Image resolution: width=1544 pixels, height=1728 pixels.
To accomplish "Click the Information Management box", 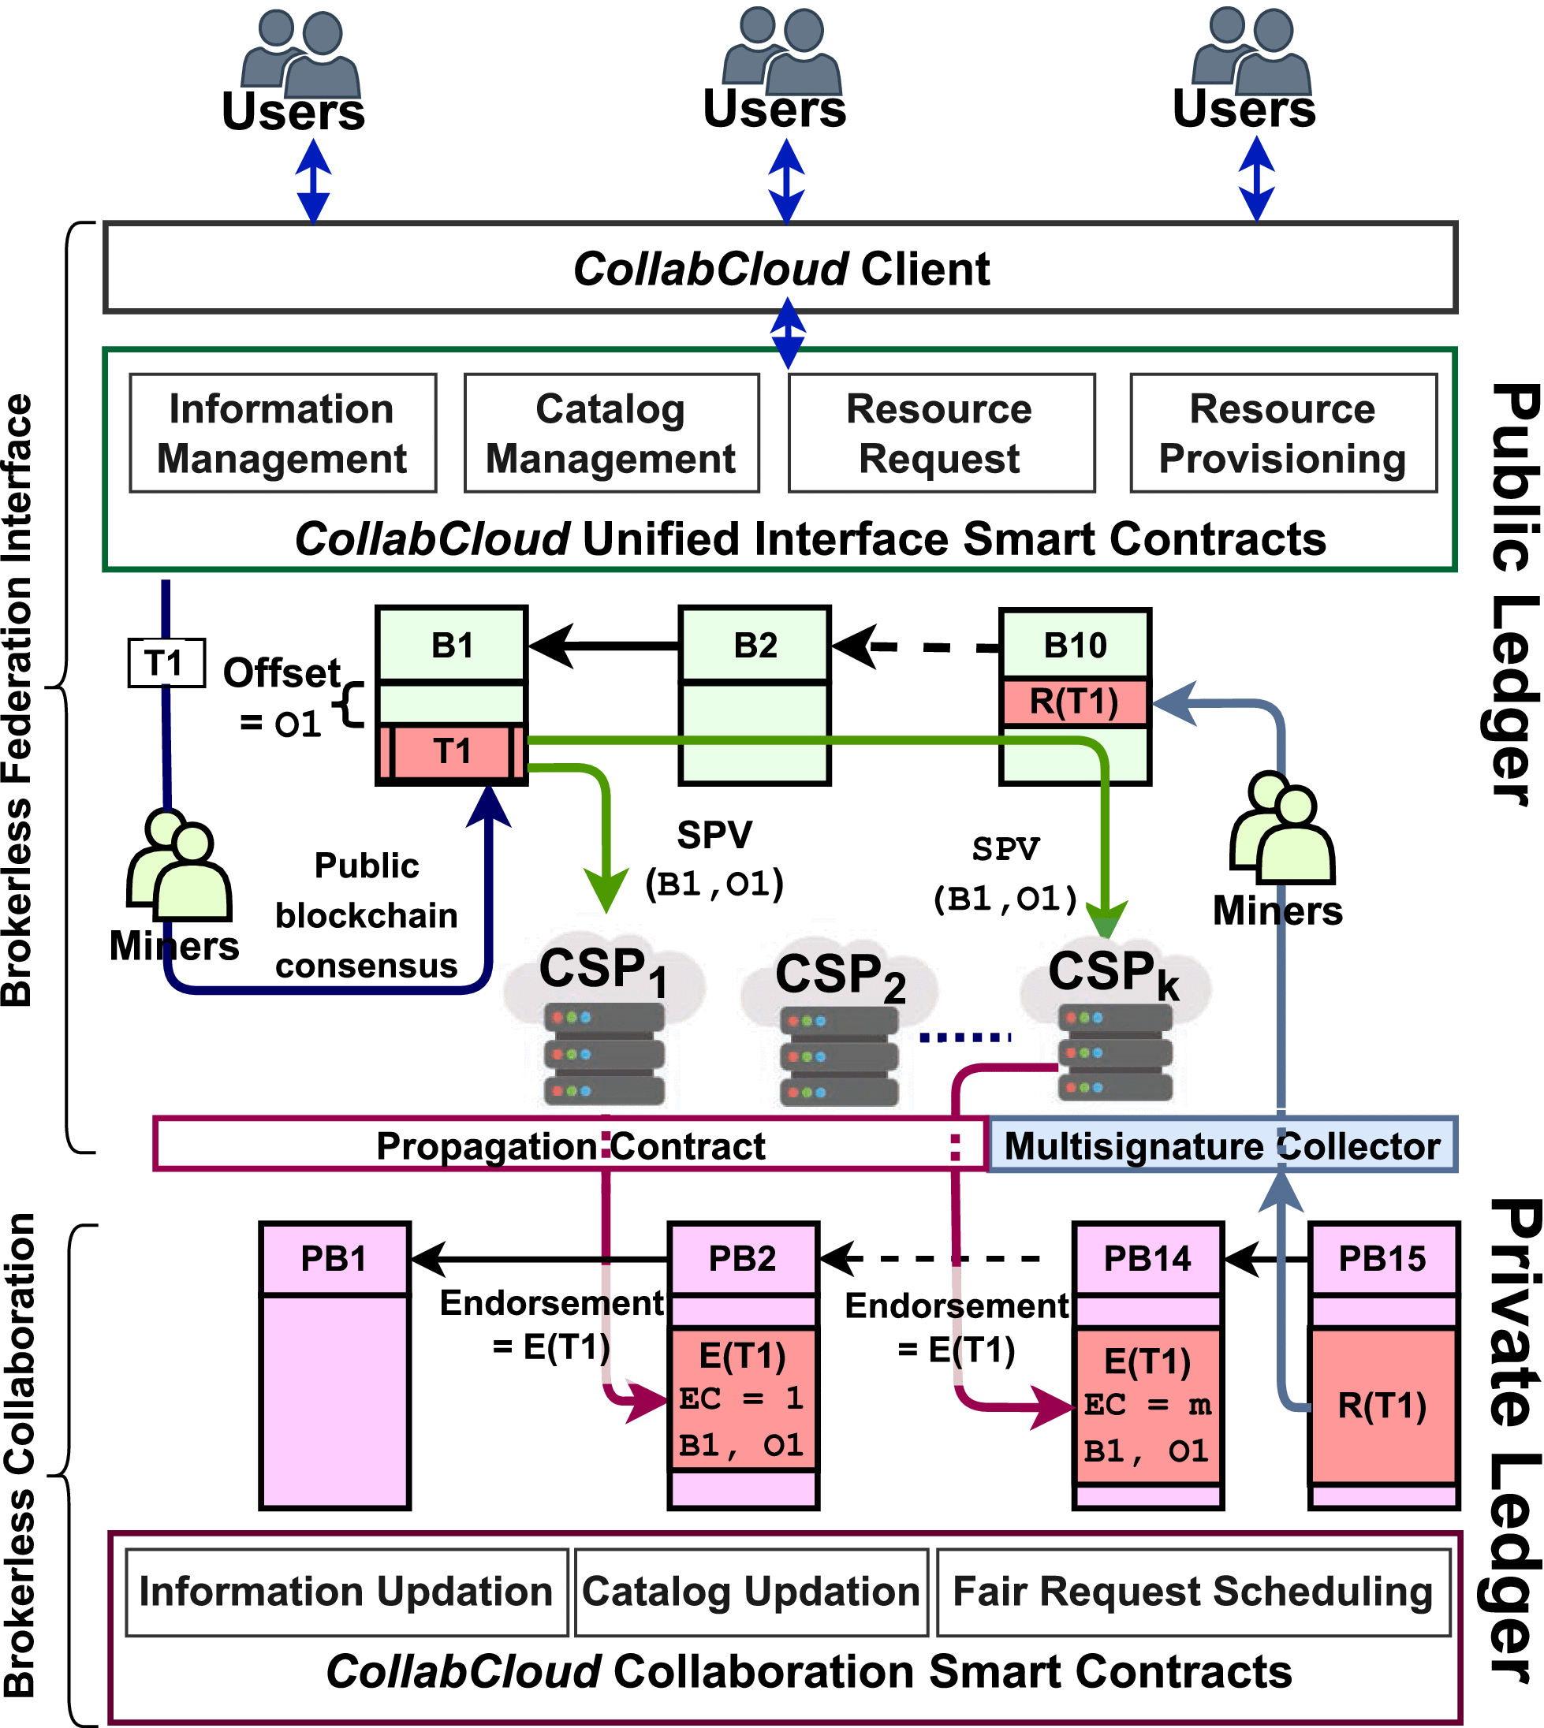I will pyautogui.click(x=282, y=434).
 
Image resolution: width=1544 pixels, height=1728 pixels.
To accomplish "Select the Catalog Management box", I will pyautogui.click(x=611, y=434).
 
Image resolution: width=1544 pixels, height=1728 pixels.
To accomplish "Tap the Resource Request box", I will pyautogui.click(x=941, y=434).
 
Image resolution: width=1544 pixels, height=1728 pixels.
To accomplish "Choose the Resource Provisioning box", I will pyautogui.click(x=1283, y=434).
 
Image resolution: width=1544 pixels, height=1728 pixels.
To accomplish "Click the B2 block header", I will pyautogui.click(x=754, y=646).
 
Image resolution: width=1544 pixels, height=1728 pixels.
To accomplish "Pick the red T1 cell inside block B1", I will pyautogui.click(x=452, y=751).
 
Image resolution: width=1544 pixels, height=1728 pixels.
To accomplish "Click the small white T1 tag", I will pyautogui.click(x=166, y=663).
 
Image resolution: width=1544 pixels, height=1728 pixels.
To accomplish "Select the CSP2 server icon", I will pyautogui.click(x=839, y=1056).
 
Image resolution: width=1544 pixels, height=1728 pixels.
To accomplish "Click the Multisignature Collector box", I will pyautogui.click(x=1221, y=1145).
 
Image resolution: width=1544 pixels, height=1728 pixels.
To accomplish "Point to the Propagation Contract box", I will pyautogui.click(x=570, y=1145).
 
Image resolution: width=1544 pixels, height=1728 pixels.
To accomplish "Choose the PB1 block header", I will pyautogui.click(x=335, y=1259).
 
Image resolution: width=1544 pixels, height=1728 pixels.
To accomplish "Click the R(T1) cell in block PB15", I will pyautogui.click(x=1383, y=1406).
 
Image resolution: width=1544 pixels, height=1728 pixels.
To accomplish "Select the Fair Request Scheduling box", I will pyautogui.click(x=1193, y=1592).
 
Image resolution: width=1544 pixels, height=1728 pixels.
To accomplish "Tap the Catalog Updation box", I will pyautogui.click(x=751, y=1592).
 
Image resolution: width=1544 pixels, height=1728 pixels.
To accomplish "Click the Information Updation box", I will pyautogui.click(x=346, y=1592).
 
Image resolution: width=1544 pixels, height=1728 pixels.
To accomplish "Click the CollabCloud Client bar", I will pyautogui.click(x=781, y=269).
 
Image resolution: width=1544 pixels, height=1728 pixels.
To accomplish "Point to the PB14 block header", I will pyautogui.click(x=1147, y=1259).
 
